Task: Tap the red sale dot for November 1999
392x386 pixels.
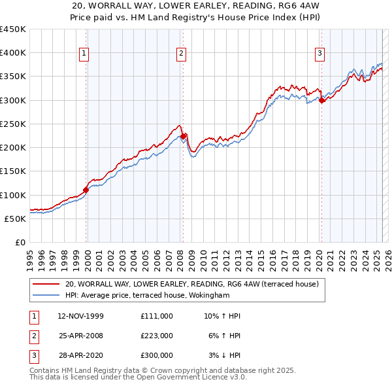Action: tap(86, 190)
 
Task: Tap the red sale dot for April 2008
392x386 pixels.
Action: tap(184, 136)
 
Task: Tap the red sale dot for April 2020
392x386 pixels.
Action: tap(322, 100)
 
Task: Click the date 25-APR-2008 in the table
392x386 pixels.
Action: tap(80, 336)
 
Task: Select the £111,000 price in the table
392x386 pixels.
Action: tap(156, 316)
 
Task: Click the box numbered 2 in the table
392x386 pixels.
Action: tap(33, 336)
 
